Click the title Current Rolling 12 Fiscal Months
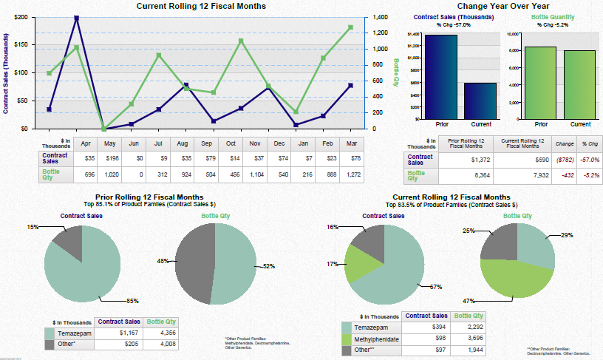(x=202, y=6)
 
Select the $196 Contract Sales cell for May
(x=109, y=158)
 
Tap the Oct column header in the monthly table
(x=231, y=143)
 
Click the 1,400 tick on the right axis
(x=380, y=16)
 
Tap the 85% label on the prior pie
(x=132, y=301)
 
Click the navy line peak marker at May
(x=77, y=18)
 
